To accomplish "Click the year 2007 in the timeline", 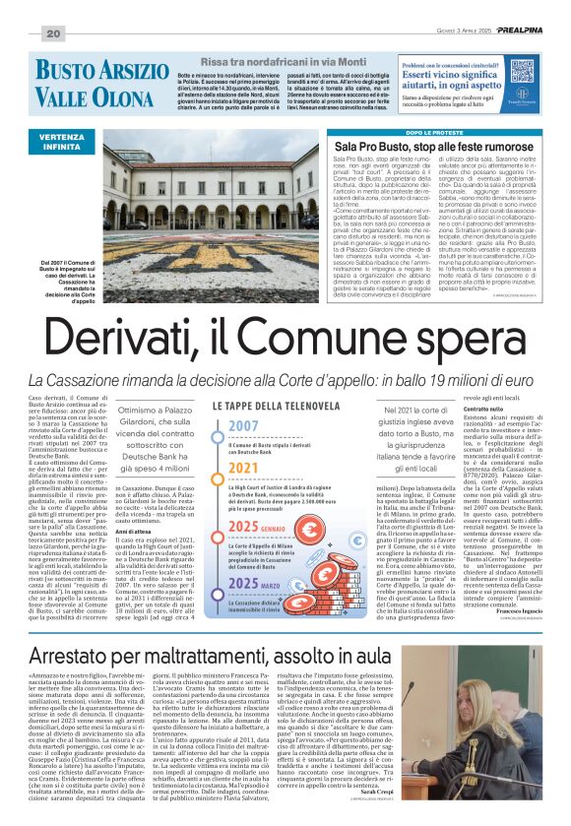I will [243, 427].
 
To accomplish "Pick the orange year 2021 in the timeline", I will [243, 468].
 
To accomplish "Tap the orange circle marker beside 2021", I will [219, 470].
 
